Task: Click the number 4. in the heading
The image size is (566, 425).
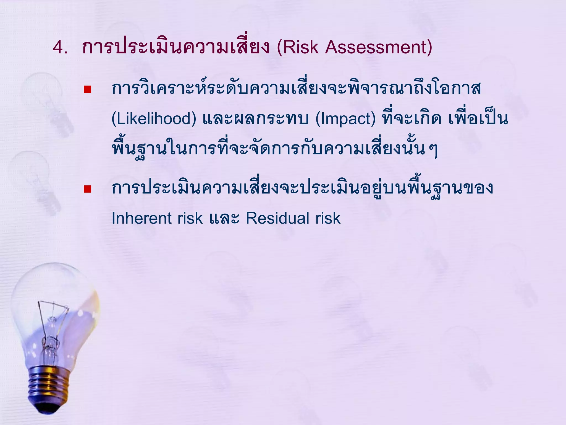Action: click(60, 47)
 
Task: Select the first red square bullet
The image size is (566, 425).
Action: click(88, 89)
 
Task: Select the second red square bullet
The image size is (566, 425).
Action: click(88, 189)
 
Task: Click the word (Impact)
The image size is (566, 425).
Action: click(345, 119)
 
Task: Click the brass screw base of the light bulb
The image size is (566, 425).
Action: click(49, 383)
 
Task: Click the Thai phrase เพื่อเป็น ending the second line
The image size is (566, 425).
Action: click(478, 119)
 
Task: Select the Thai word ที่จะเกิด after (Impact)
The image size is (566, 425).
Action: click(412, 119)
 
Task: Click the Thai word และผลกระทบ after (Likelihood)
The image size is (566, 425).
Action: click(255, 119)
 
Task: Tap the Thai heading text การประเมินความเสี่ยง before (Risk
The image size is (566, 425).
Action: click(175, 47)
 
